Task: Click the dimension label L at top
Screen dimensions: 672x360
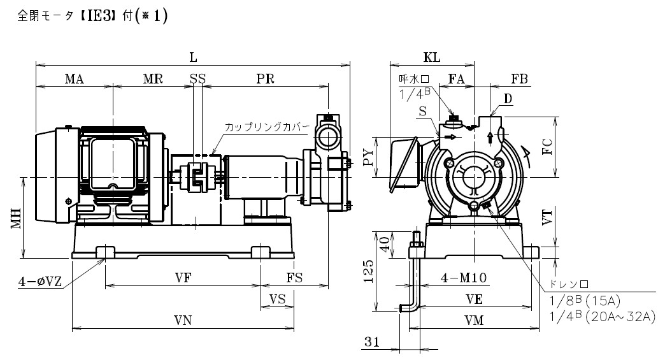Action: [x=194, y=58]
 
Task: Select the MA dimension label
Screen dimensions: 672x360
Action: [x=75, y=79]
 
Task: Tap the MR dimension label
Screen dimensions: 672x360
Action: [x=153, y=79]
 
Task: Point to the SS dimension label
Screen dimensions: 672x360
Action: [x=197, y=79]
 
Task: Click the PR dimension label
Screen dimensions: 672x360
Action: [x=265, y=79]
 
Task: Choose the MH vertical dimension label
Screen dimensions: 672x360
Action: [x=17, y=219]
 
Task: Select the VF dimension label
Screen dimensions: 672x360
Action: [x=183, y=278]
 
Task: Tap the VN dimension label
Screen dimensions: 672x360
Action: [x=183, y=320]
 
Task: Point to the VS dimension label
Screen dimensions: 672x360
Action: [x=277, y=299]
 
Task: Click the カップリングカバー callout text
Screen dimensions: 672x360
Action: [x=267, y=127]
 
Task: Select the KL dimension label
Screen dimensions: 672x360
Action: [x=432, y=57]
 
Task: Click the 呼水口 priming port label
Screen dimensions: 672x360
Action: [x=414, y=79]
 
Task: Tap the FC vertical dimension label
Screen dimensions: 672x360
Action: [x=547, y=147]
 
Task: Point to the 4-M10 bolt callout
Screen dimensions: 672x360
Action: [x=464, y=278]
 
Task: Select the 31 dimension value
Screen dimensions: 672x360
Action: [x=372, y=342]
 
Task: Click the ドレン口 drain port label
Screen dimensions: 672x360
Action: [x=569, y=285]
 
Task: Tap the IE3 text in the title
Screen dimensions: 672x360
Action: [x=100, y=17]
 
